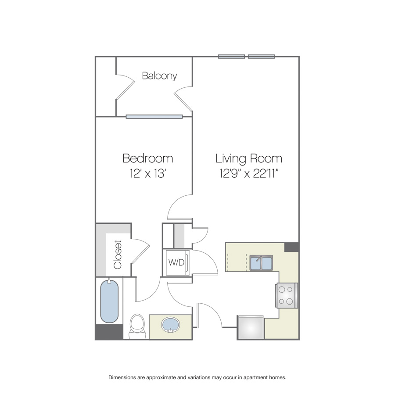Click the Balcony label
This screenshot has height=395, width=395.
tap(159, 76)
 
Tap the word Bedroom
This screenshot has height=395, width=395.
tap(147, 158)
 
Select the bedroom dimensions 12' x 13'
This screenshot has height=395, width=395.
tap(147, 173)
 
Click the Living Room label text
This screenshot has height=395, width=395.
tap(249, 159)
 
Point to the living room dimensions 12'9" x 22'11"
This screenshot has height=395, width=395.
tap(249, 173)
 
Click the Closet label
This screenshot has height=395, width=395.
tap(118, 255)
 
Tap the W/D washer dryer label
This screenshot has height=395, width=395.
tap(176, 262)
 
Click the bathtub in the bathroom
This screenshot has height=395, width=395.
tap(109, 301)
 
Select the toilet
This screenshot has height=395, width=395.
tap(137, 326)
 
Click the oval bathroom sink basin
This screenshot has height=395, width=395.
tap(171, 325)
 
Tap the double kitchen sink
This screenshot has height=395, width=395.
tap(261, 263)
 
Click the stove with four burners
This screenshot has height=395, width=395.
tap(286, 295)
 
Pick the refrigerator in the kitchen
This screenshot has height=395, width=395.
tap(251, 327)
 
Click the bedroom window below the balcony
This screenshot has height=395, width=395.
tap(154, 117)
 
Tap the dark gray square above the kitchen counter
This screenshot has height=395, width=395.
tap(292, 247)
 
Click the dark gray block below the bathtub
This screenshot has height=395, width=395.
tap(109, 332)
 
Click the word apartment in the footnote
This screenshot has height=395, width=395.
tap(255, 377)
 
